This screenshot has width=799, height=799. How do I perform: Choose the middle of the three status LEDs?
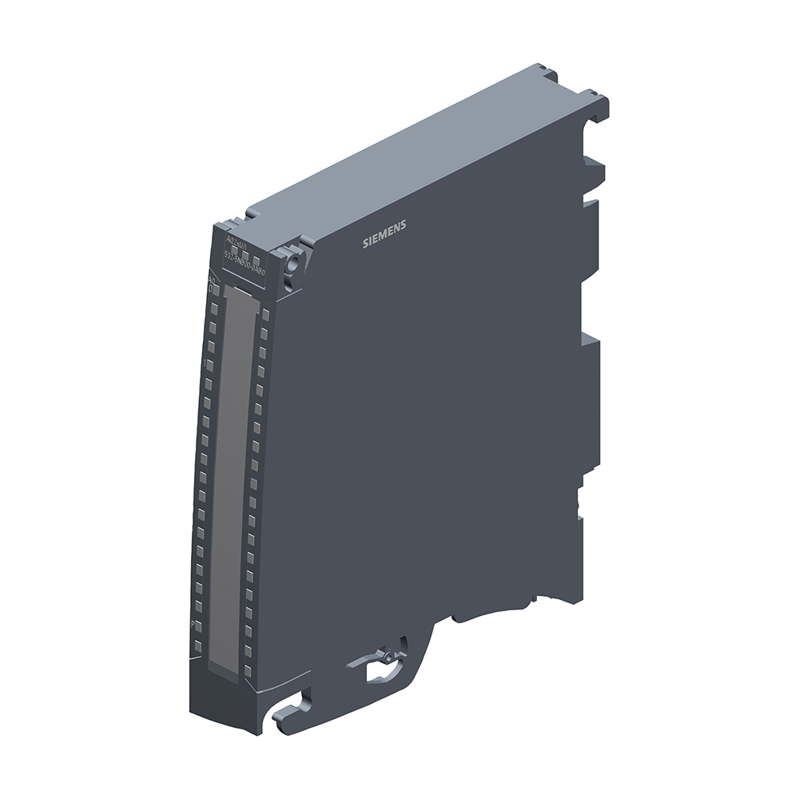247,256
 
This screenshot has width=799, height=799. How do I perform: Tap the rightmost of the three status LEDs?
260,260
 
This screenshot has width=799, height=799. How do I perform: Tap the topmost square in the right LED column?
265,315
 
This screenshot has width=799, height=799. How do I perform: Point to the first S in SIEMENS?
366,244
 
